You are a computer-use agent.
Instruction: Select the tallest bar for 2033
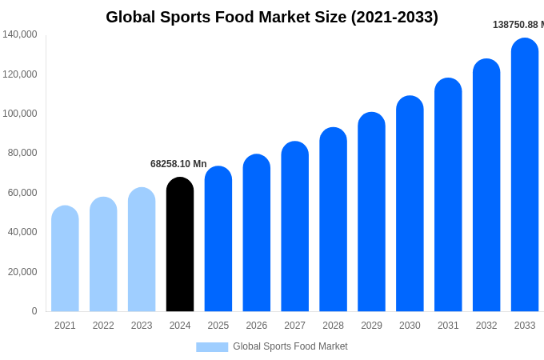525,175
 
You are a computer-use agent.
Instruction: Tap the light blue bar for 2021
65,259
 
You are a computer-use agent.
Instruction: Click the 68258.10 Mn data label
178,164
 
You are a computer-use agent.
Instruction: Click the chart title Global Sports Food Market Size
272,17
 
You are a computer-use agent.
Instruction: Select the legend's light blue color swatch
212,346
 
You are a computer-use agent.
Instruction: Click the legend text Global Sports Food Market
290,346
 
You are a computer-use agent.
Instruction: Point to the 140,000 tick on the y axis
20,34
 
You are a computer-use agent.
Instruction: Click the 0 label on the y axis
34,311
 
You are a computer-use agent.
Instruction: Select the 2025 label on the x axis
218,326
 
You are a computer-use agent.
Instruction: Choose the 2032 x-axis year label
486,326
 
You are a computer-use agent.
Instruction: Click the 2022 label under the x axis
103,326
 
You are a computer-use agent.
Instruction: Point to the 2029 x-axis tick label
371,326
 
